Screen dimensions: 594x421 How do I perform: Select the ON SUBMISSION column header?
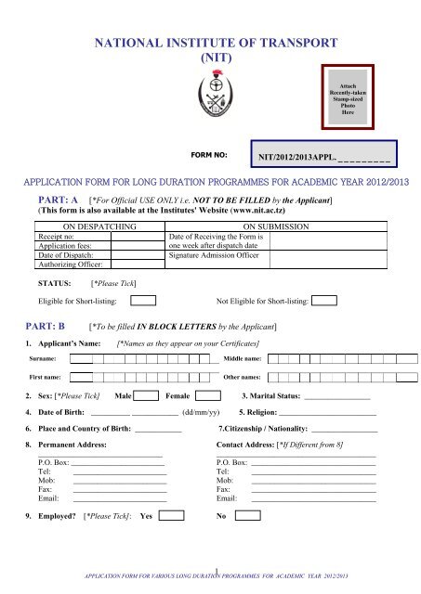[x=281, y=226]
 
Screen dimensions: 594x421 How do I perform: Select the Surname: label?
[x=42, y=358]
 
